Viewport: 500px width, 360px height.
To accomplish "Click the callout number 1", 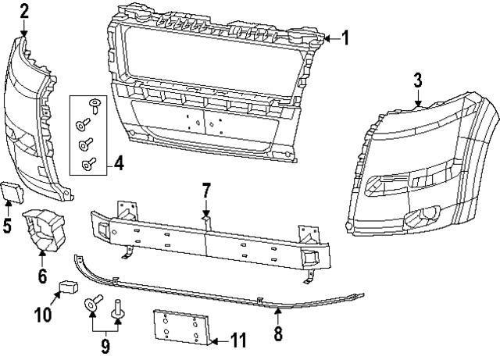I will (x=345, y=37).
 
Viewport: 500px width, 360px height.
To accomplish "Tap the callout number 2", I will (x=24, y=10).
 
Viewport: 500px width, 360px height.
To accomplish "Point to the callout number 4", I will (x=118, y=163).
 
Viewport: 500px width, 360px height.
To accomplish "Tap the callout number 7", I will (x=206, y=190).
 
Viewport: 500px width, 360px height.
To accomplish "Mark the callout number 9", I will (x=105, y=343).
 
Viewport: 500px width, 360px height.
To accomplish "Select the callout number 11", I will (x=239, y=340).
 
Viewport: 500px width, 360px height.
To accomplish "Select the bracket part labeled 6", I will (x=45, y=230).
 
